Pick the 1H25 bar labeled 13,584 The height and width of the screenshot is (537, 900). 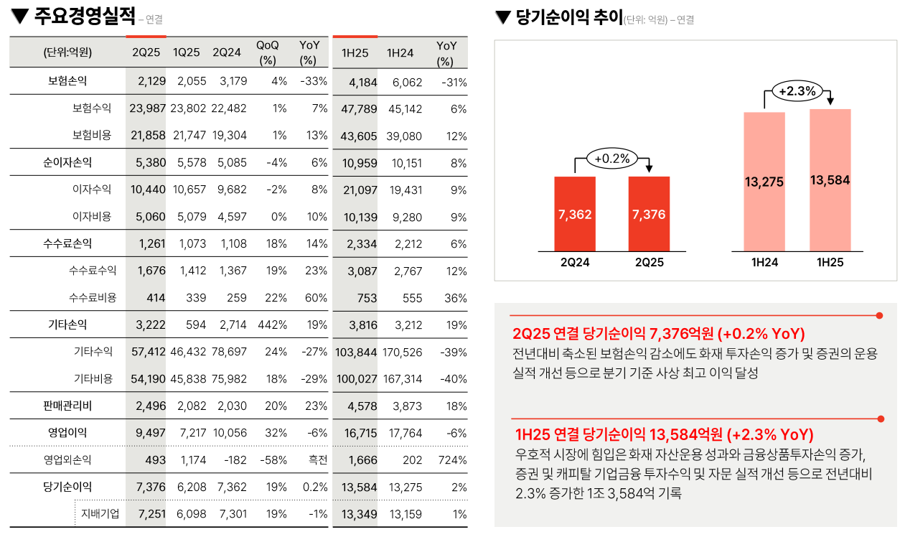tap(830, 180)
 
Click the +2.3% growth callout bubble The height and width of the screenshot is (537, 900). tap(797, 91)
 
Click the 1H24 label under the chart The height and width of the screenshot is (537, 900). tap(764, 263)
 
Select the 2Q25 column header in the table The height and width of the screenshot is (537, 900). tap(146, 52)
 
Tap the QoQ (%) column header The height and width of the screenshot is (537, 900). tap(267, 52)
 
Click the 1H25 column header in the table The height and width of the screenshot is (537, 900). tap(355, 52)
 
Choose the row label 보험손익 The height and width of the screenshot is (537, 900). tap(67, 81)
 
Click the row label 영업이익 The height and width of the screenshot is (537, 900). tap(67, 433)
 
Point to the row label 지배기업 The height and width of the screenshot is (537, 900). tap(100, 514)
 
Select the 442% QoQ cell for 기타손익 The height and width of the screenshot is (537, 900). tap(272, 324)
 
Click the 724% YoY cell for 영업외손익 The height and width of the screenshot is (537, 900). tap(452, 460)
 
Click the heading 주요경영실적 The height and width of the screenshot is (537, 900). tap(85, 17)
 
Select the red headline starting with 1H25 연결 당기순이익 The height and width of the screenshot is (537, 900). tap(664, 435)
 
